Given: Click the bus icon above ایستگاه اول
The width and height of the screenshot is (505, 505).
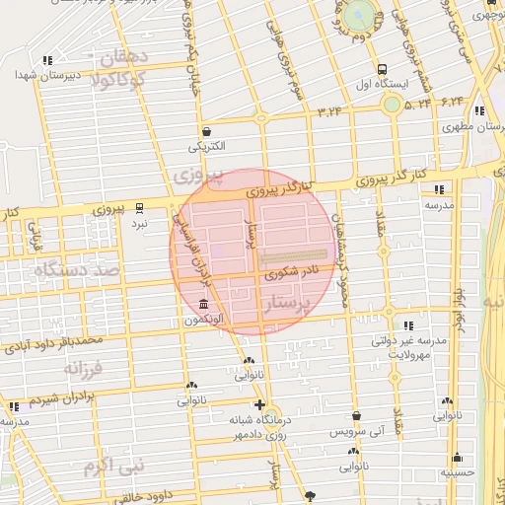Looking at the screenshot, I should pos(382,70).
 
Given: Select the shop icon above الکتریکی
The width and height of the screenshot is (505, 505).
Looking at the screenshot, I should pos(206,131).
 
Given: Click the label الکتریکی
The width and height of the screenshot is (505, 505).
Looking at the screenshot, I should pos(207,146).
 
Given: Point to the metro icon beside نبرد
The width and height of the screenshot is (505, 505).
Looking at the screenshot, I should pos(139,207).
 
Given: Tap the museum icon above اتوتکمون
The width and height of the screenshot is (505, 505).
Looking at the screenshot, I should pos(203,304).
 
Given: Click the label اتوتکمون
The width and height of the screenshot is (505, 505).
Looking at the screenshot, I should pos(203,320).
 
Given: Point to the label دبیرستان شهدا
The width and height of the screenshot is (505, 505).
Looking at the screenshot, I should pos(40,75).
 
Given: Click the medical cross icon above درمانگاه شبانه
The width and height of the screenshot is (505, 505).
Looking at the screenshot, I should pos(259,405).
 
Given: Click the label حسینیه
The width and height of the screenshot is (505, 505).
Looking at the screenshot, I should pos(457,472).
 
